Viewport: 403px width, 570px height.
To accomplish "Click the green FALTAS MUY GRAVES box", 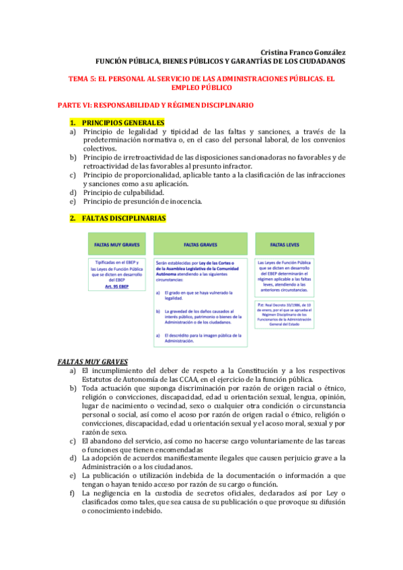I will pyautogui.click(x=116, y=245).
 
